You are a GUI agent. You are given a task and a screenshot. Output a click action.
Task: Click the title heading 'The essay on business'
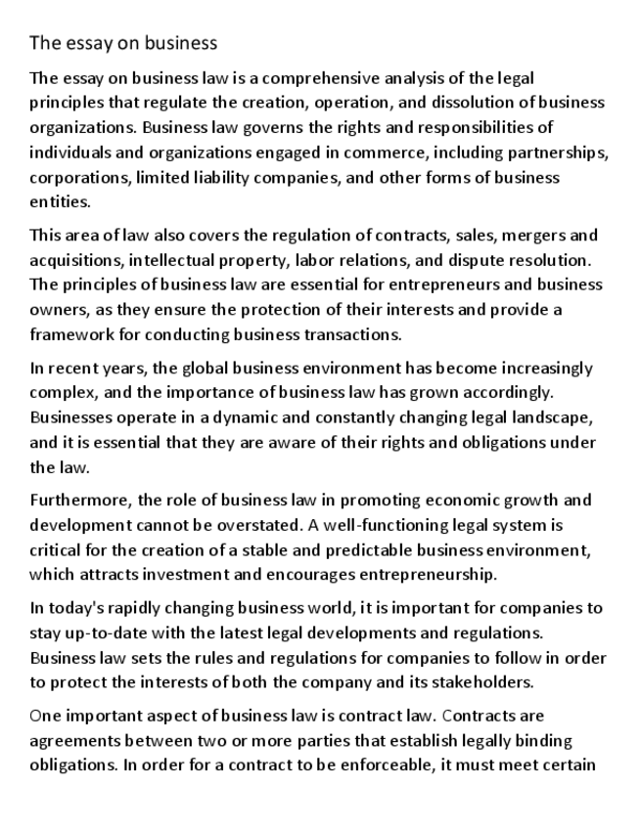122,43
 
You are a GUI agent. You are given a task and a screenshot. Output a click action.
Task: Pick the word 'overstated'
292,525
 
